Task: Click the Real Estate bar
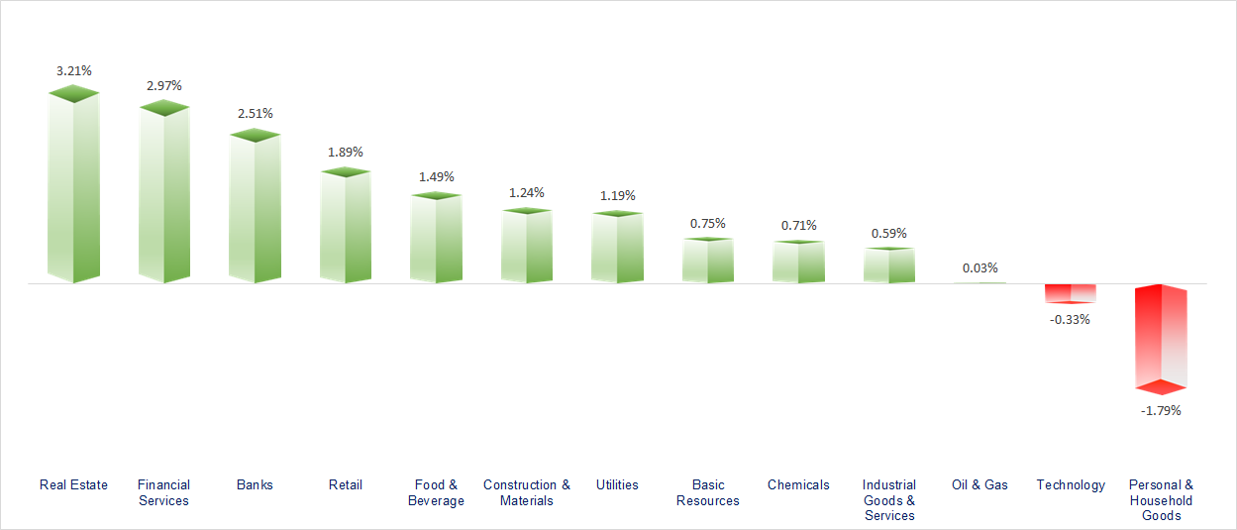point(73,188)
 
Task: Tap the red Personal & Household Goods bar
point(1161,337)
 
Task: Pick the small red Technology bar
point(1071,293)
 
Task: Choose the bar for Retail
point(346,228)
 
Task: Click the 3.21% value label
point(74,70)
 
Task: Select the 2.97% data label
point(164,85)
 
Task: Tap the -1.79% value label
point(1161,410)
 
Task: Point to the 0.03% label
point(979,267)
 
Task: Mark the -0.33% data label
point(1070,319)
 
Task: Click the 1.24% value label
point(527,192)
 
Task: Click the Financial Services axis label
point(163,492)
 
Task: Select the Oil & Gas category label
point(979,484)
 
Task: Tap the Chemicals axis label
point(798,484)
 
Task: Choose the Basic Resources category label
point(708,492)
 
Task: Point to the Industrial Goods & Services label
point(889,500)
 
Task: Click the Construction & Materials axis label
point(527,492)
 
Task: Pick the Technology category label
point(1071,484)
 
